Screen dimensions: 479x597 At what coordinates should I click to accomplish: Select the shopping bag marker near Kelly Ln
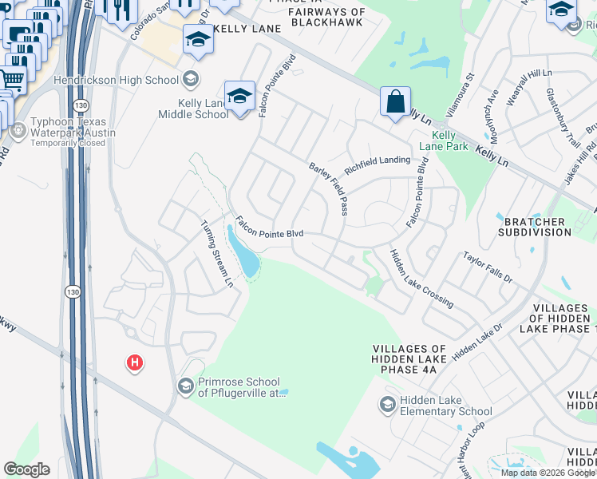pyautogui.click(x=395, y=102)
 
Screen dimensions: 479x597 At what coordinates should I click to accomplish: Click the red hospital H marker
pyautogui.click(x=135, y=363)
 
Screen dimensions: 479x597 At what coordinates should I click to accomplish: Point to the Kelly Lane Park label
pyautogui.click(x=444, y=141)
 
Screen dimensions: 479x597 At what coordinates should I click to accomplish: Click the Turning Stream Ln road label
pyautogui.click(x=217, y=254)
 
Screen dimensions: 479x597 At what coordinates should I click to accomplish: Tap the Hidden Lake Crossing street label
pyautogui.click(x=421, y=278)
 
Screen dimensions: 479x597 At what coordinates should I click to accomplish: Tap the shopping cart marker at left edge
pyautogui.click(x=11, y=79)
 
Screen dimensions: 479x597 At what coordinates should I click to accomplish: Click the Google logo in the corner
pyautogui.click(x=26, y=469)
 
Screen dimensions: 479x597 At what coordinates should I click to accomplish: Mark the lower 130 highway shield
pyautogui.click(x=73, y=291)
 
